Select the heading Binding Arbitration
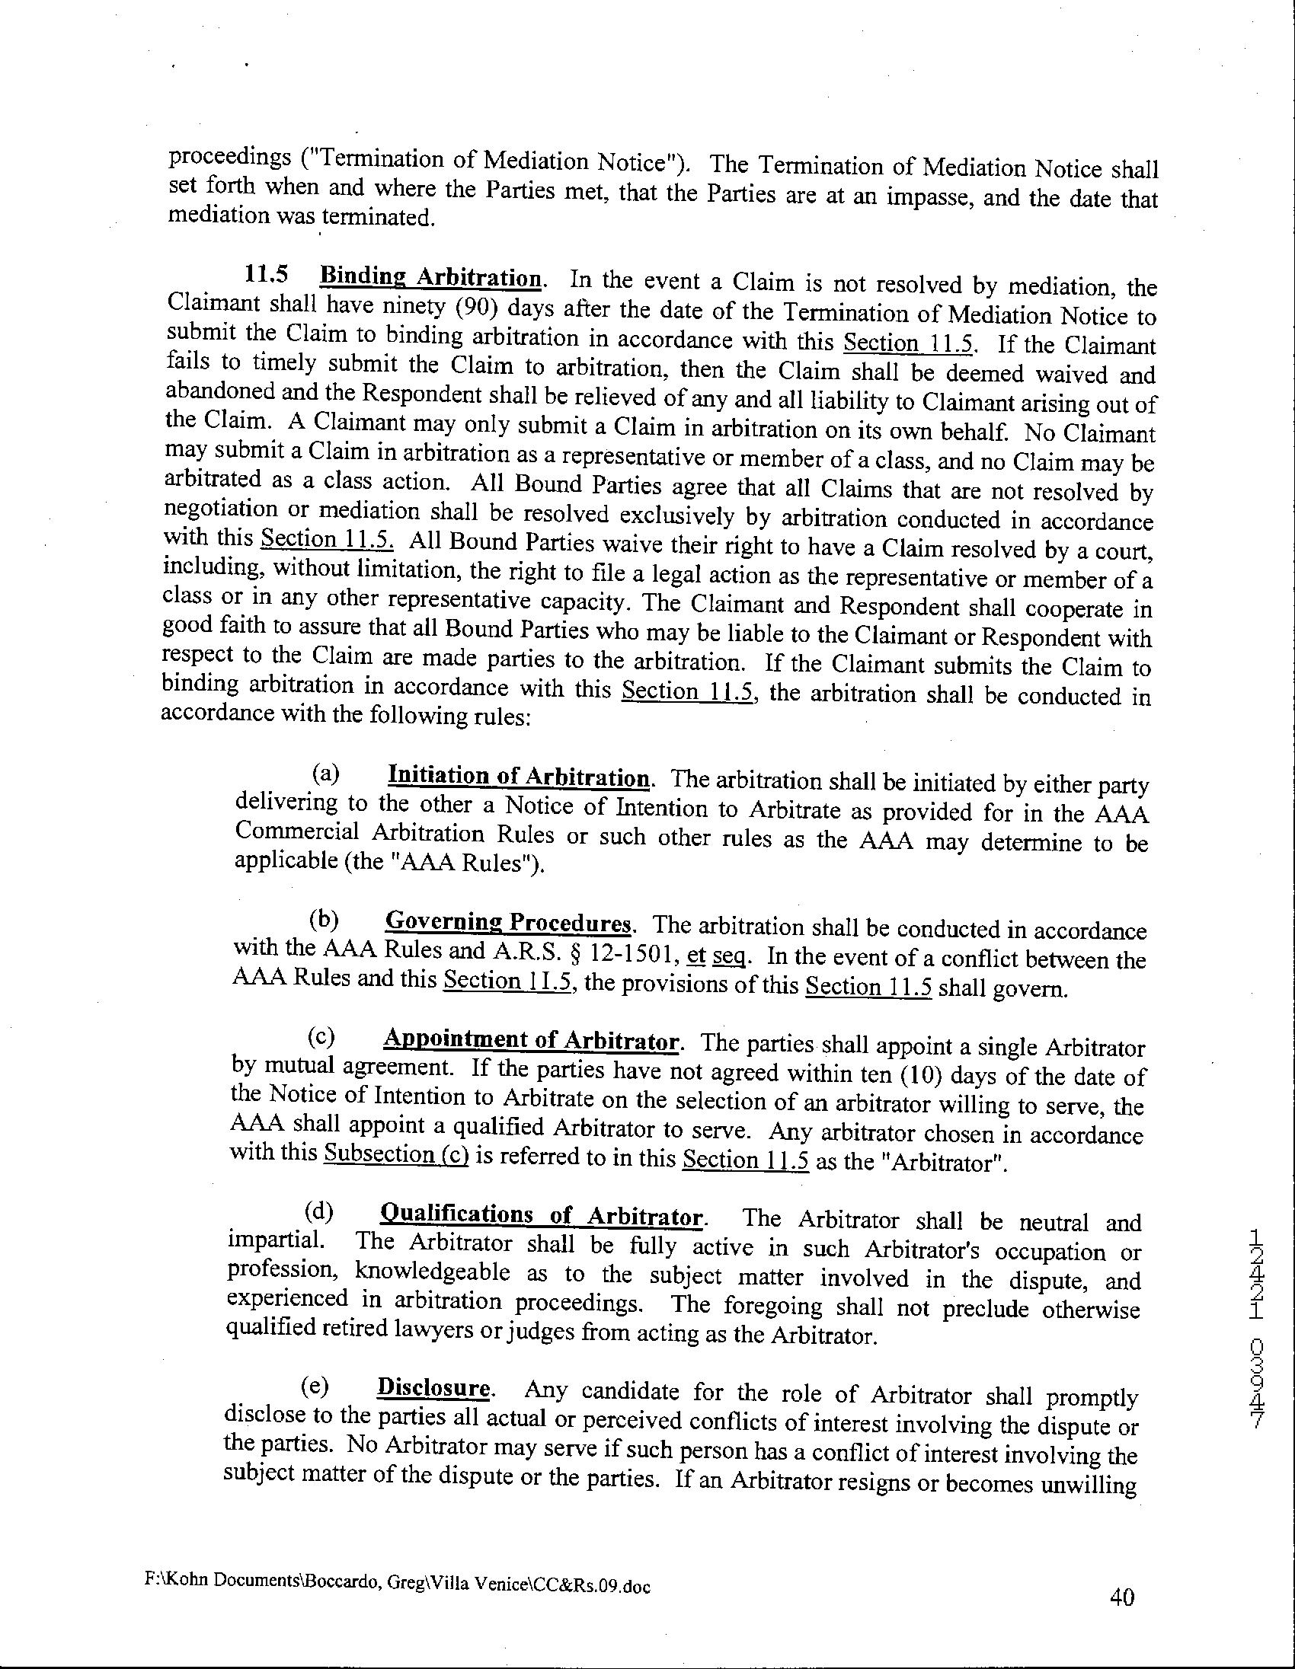point(432,276)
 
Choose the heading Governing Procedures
point(508,921)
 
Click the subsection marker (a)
point(326,774)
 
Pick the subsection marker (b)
point(323,919)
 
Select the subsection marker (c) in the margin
point(321,1037)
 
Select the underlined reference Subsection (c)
point(396,1154)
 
